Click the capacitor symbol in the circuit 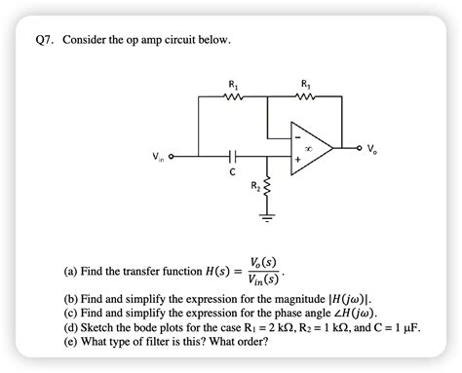[231, 155]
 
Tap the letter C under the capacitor [232, 172]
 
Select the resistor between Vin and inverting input [231, 97]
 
